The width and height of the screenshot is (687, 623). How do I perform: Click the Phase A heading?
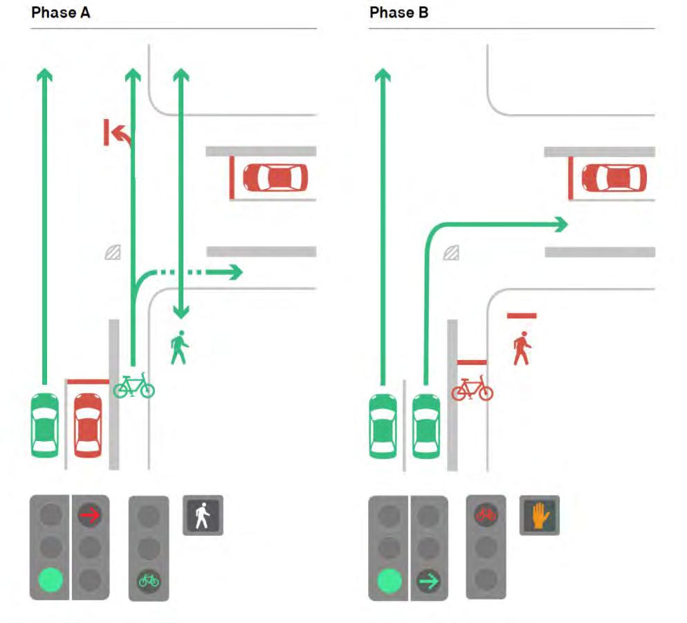[60, 12]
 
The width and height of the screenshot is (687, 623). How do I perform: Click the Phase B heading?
[399, 12]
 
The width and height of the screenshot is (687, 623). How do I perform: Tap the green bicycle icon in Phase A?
[134, 386]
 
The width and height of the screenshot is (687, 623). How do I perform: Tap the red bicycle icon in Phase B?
[473, 388]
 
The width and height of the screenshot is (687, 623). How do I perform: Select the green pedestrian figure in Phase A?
[179, 347]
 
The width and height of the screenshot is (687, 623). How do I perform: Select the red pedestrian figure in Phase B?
[522, 349]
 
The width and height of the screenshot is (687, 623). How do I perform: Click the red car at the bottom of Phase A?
[88, 425]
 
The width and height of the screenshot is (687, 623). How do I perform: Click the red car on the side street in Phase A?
[275, 178]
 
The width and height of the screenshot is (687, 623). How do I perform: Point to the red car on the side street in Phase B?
[614, 178]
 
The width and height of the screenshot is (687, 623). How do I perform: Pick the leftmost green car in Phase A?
[45, 425]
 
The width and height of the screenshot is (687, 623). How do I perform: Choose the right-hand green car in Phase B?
[426, 426]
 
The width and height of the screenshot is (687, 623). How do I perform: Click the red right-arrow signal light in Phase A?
[90, 514]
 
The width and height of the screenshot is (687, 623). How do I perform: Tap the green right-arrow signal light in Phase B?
[428, 581]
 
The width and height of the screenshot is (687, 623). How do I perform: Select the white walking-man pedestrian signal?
[203, 515]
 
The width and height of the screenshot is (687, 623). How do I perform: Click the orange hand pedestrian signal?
[540, 515]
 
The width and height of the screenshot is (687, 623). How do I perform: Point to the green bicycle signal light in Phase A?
[149, 581]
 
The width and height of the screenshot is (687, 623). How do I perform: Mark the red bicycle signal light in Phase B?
[486, 514]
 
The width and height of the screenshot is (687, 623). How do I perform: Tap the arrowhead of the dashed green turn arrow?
[235, 272]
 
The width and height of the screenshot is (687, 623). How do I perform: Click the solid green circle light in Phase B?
[390, 581]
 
